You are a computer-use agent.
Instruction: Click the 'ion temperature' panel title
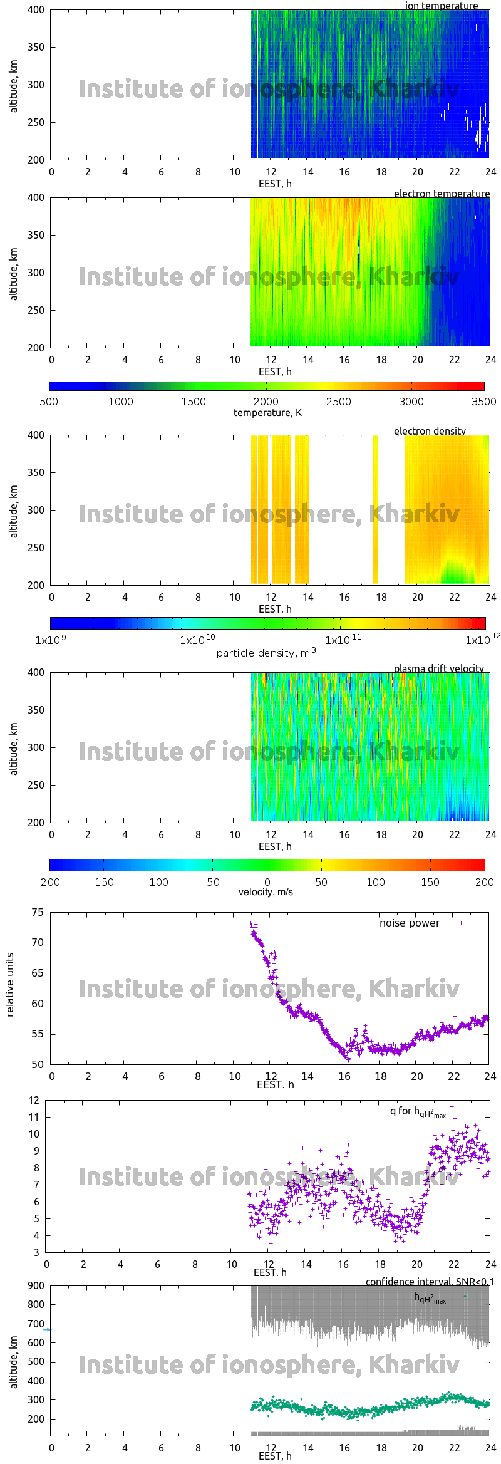[441, 6]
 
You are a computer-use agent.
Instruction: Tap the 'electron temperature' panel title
[442, 194]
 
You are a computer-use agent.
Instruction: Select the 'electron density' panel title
[430, 431]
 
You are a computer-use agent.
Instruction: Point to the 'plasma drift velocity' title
[438, 668]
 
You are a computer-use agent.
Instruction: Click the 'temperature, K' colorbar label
[267, 412]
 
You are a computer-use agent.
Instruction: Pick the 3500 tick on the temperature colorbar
[483, 402]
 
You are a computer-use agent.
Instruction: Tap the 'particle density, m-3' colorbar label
[266, 653]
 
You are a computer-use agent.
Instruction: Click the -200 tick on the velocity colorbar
[49, 882]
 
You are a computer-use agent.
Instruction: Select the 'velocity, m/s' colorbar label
[266, 892]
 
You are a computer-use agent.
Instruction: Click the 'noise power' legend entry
[410, 923]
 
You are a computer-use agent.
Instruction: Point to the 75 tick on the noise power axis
[38, 912]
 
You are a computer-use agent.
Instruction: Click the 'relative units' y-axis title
[10, 985]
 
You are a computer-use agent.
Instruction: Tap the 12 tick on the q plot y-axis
[34, 1100]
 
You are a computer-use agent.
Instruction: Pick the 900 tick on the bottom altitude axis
[36, 1285]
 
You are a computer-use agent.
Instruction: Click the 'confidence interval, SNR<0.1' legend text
[430, 1282]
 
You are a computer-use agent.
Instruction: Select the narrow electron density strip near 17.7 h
[375, 509]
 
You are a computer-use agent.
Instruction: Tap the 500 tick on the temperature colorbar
[49, 402]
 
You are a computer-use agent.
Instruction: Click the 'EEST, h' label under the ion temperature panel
[275, 184]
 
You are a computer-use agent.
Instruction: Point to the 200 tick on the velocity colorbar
[484, 882]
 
